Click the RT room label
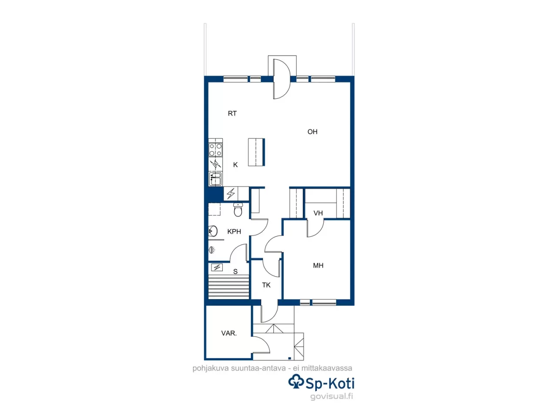(x=232, y=113)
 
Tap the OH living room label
(x=312, y=132)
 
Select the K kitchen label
(x=235, y=165)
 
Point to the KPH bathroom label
(x=234, y=232)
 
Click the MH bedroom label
(x=318, y=265)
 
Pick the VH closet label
(x=318, y=213)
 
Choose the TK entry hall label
(x=266, y=285)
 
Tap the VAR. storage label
(x=229, y=333)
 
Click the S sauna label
(x=235, y=271)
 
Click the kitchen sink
(x=215, y=179)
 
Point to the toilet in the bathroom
(x=238, y=210)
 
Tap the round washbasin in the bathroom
(x=213, y=231)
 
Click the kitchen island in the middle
(x=256, y=152)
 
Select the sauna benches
(x=229, y=287)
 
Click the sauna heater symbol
(x=217, y=267)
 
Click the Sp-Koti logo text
(x=330, y=383)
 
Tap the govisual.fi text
(x=332, y=396)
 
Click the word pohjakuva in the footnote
(x=211, y=368)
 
